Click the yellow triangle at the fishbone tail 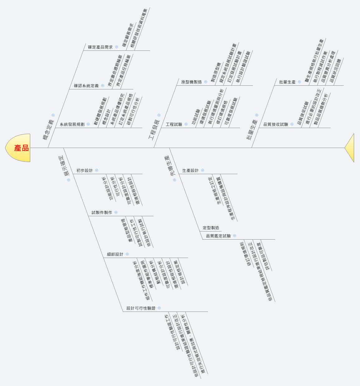350,148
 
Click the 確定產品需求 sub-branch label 100,47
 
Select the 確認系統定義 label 86,86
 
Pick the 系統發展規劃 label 72,124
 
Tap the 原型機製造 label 192,82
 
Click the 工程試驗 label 174,124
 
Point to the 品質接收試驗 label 276,124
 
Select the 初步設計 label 84,170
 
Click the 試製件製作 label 102,212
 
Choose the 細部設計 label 115,254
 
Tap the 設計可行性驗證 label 141,308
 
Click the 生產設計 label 190,170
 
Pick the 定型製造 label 211,228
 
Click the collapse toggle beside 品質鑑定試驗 234,236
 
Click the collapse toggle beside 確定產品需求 117,47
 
